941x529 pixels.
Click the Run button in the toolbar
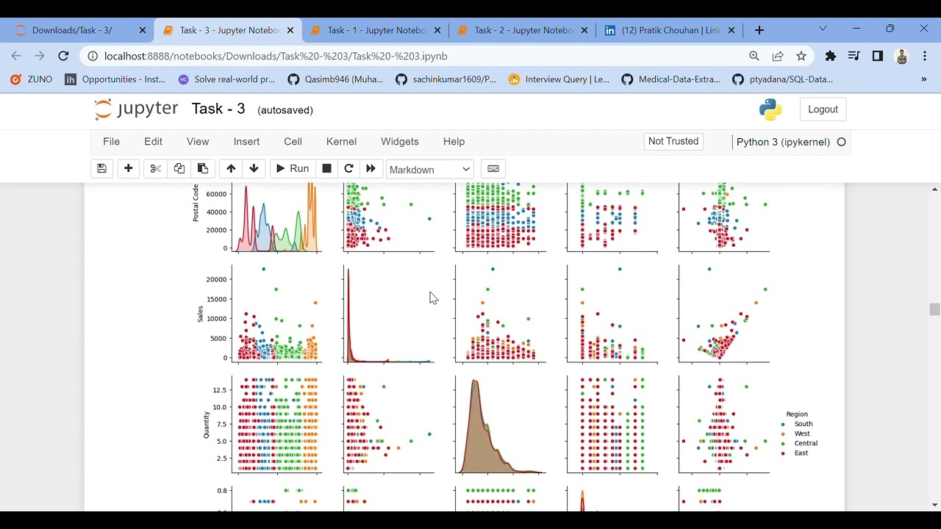click(292, 169)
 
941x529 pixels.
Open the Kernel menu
click(341, 142)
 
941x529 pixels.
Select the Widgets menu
click(399, 142)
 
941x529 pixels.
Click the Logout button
click(823, 109)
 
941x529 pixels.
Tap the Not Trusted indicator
click(673, 141)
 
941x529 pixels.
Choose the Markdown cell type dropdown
click(429, 170)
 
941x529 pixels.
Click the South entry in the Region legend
click(804, 424)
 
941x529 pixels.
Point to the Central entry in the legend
click(806, 443)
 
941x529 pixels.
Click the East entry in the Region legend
click(801, 453)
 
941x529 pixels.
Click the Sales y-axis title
click(200, 314)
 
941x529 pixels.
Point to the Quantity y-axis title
click(207, 425)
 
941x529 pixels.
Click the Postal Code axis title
click(196, 203)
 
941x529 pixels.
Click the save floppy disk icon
click(102, 169)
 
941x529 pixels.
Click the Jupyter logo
click(137, 109)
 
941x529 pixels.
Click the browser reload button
click(63, 56)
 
